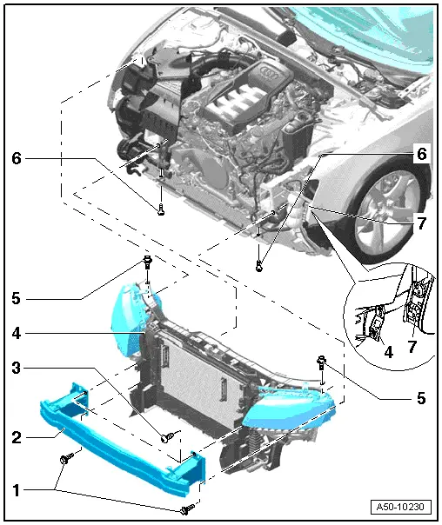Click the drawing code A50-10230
pos(401,507)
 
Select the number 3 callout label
pos(16,367)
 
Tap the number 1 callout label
pos(16,488)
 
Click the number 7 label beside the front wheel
pos(420,223)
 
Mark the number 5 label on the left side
pos(16,297)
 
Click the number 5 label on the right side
pos(420,399)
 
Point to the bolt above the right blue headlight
pos(322,362)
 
